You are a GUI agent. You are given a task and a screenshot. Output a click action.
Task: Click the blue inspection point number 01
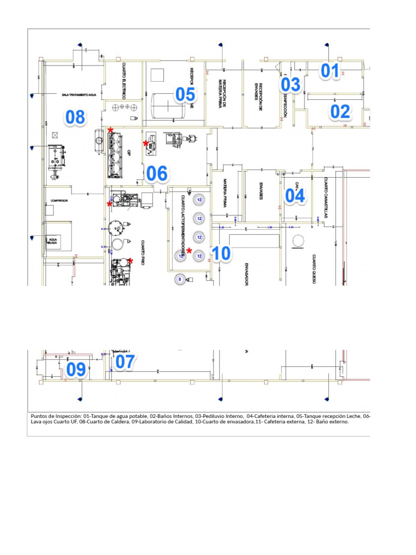coord(330,71)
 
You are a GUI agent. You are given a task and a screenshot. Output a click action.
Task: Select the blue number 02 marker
coord(340,112)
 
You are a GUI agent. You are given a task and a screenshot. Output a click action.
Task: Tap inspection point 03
coord(290,85)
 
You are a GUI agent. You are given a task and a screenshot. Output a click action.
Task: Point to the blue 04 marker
coord(295,196)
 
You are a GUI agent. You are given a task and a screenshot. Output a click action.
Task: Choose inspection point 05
coord(185,95)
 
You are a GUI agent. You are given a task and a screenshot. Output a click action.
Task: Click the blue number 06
coord(157,173)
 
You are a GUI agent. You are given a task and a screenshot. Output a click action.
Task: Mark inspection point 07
coord(125,362)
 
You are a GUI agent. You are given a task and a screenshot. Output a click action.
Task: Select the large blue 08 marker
coord(75,117)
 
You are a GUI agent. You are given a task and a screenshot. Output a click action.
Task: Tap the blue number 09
coord(76,370)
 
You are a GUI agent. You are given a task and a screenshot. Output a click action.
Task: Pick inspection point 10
coord(221,253)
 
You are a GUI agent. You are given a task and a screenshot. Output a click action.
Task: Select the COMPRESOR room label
coord(59,201)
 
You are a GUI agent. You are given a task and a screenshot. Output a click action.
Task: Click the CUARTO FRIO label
coord(142,252)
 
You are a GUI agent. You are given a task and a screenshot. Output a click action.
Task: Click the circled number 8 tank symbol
coord(180,279)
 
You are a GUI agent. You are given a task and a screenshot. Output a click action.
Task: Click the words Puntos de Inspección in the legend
coord(55,416)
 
